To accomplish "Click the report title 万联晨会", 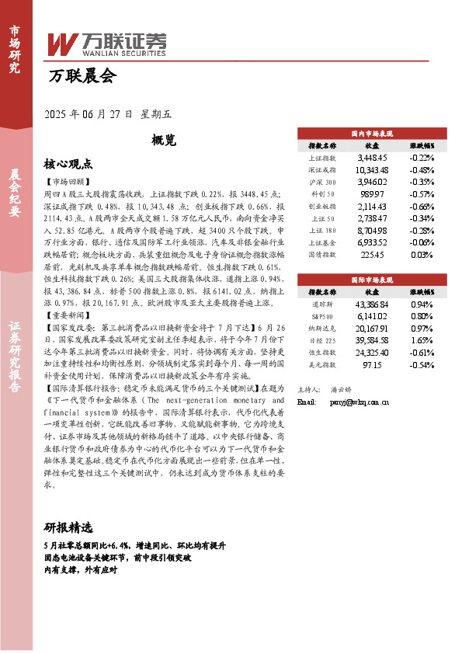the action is (82, 76).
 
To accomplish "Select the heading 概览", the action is (164, 141).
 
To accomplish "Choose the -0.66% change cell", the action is (422, 207).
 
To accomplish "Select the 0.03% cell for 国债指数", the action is (422, 256).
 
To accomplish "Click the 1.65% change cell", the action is (422, 340).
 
